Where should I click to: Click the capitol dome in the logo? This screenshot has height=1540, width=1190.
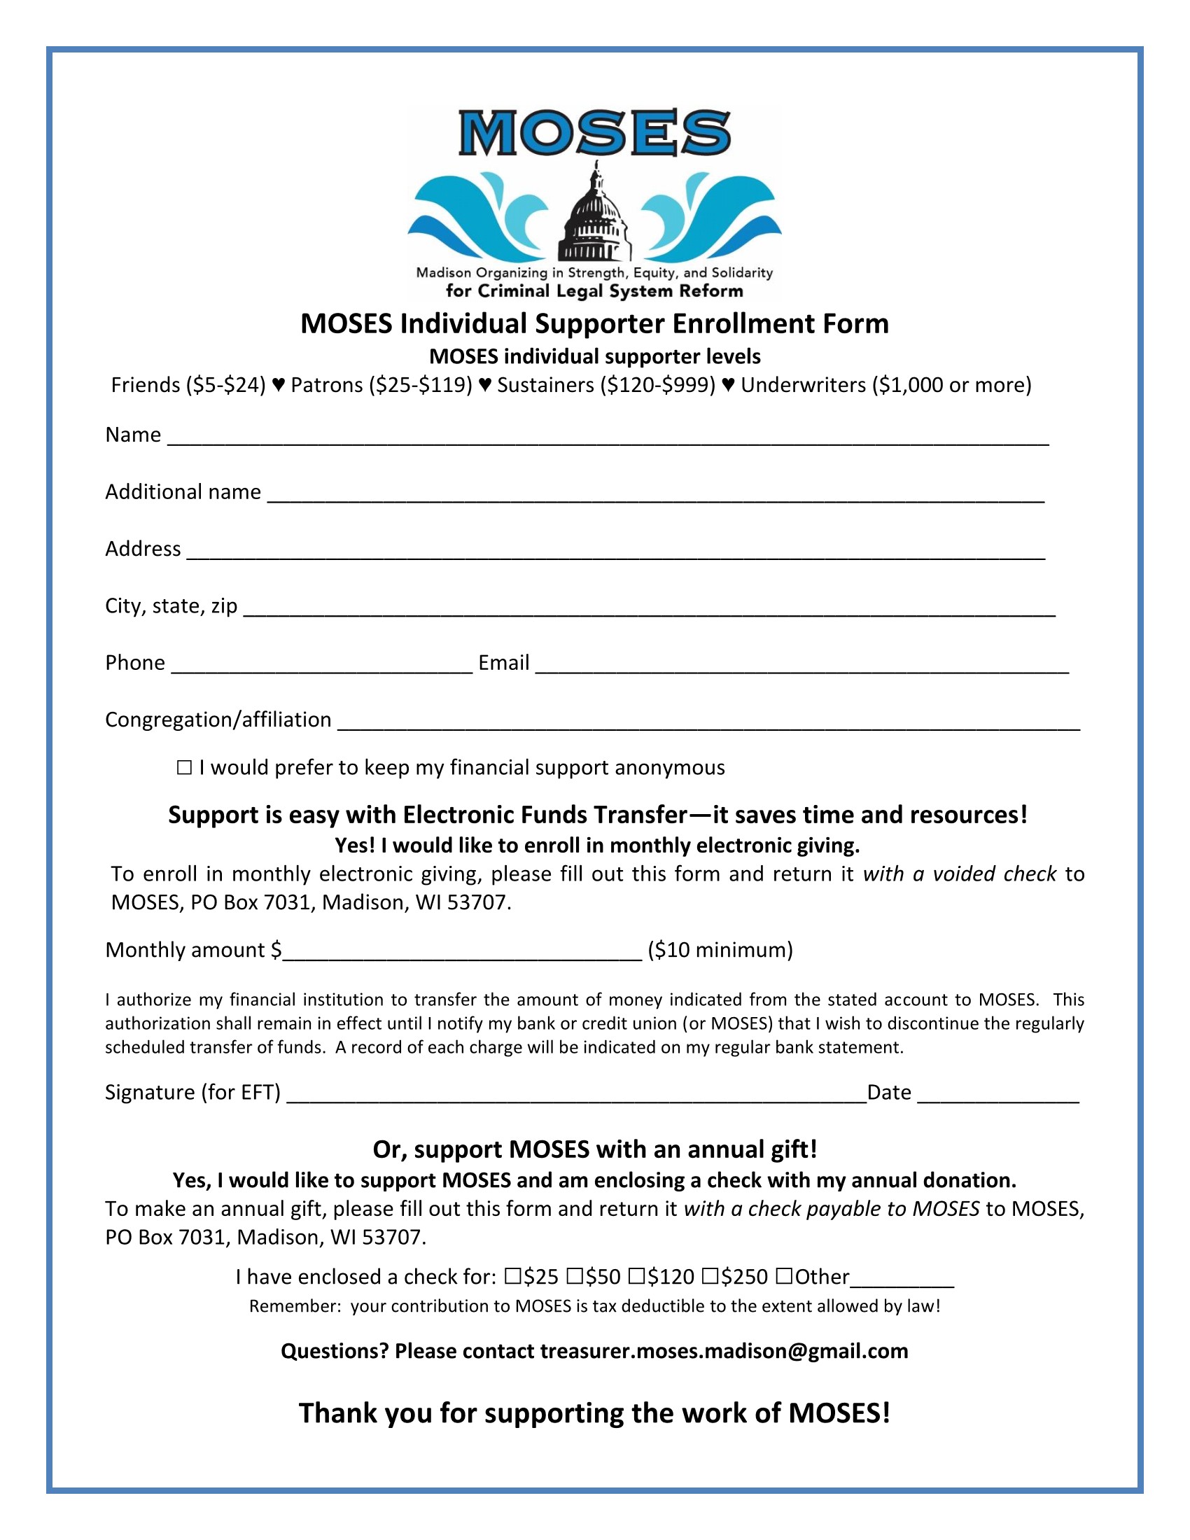(595, 215)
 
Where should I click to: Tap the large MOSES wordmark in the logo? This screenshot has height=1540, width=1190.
(594, 132)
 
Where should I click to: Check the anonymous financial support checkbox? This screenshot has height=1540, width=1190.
(184, 767)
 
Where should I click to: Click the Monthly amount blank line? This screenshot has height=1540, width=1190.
(462, 953)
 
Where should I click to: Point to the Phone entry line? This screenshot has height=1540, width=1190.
(321, 666)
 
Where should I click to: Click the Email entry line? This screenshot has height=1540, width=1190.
(801, 666)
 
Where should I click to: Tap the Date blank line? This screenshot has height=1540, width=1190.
(997, 1095)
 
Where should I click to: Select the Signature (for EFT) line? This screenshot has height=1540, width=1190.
(576, 1095)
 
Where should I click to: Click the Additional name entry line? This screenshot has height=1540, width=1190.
(656, 494)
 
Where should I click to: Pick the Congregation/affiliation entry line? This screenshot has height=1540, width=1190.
(708, 723)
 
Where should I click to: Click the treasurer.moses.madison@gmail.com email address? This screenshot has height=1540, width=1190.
(724, 1350)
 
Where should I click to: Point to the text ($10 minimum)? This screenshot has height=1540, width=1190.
(720, 950)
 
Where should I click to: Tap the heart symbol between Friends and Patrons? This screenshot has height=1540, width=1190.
(279, 385)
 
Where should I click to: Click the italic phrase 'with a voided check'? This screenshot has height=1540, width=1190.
(960, 874)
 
